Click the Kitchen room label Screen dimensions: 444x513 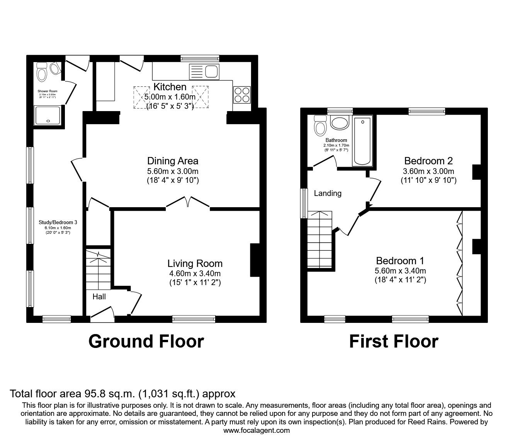pyautogui.click(x=170, y=87)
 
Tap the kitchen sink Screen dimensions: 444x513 pyautogui.click(x=204, y=72)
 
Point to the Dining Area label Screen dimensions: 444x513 pyautogui.click(x=173, y=161)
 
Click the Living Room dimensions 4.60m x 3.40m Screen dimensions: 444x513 pyautogui.click(x=195, y=273)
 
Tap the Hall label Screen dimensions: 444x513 pyautogui.click(x=99, y=297)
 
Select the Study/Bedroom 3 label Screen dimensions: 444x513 pyautogui.click(x=58, y=222)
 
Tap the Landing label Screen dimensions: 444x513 pyautogui.click(x=328, y=193)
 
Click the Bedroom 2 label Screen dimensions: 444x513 pyautogui.click(x=428, y=160)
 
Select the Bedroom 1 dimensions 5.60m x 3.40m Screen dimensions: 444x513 pyautogui.click(x=400, y=271)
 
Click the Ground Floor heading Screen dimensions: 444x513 pyautogui.click(x=146, y=341)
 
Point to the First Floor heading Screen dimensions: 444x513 pyautogui.click(x=394, y=341)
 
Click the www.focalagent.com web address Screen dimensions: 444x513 pyautogui.click(x=256, y=430)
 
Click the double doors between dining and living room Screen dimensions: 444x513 pyautogui.click(x=188, y=202)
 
